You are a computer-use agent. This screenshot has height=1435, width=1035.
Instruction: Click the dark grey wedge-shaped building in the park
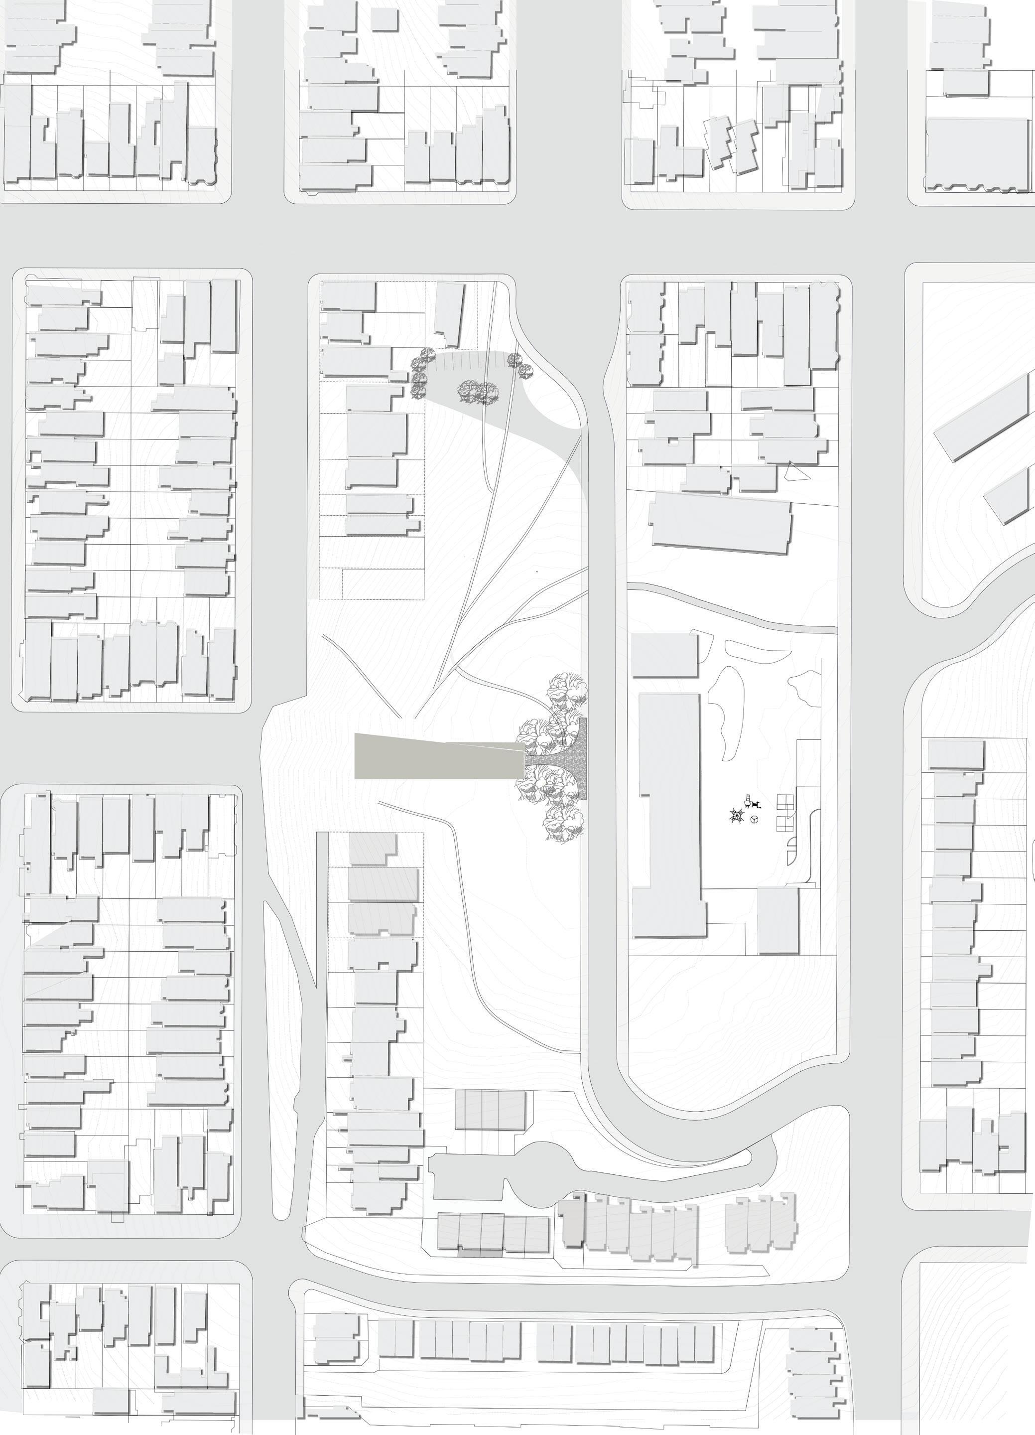tap(436, 756)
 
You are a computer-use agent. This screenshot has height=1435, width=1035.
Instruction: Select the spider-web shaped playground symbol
tap(736, 816)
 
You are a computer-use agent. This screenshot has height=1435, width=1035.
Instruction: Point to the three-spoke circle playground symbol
tap(755, 820)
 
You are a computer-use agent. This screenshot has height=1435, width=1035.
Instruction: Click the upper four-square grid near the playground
tap(784, 802)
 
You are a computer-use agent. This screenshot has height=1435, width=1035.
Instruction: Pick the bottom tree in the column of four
tap(417, 393)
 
